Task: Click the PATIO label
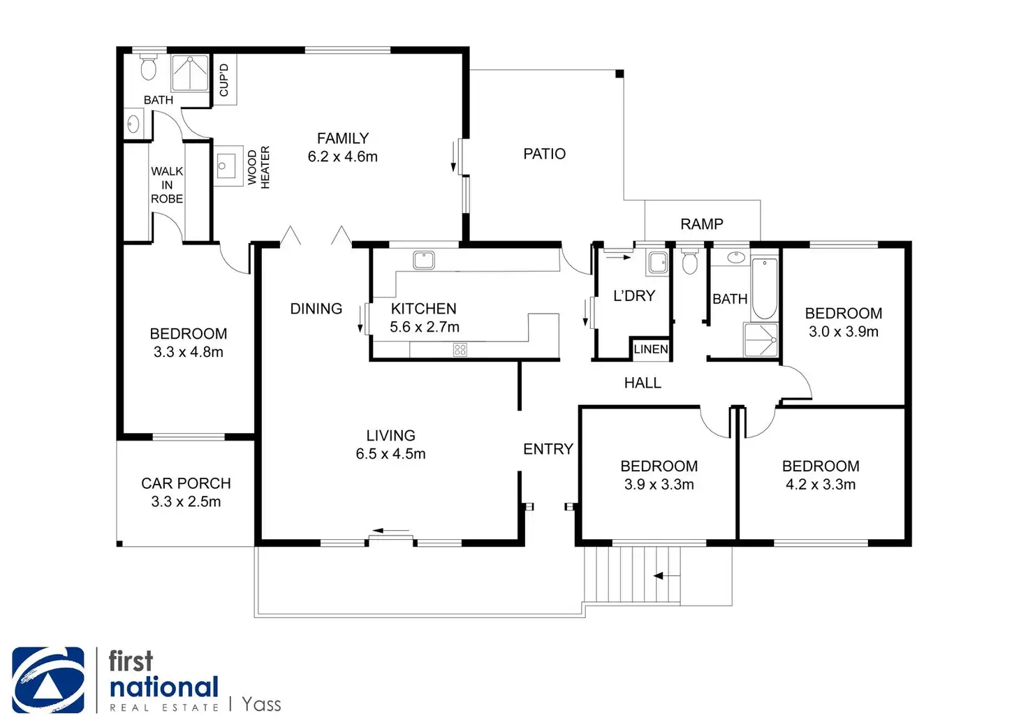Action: coord(544,154)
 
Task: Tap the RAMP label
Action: coord(701,224)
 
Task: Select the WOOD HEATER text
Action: coord(258,168)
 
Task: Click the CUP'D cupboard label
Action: coord(224,80)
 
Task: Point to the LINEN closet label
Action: coord(651,349)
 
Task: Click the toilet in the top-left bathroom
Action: coord(148,68)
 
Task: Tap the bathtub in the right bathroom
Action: coord(765,288)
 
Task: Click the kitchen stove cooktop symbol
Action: coord(460,350)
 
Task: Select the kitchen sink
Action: coord(424,260)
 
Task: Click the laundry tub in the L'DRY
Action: coord(658,263)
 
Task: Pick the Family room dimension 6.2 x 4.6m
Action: coord(342,157)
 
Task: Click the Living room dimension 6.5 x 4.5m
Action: coord(390,454)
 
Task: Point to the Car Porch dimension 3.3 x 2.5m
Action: coord(186,502)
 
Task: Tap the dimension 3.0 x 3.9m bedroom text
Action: coord(843,332)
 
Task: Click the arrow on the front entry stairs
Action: coord(666,576)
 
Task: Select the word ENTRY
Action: coord(548,449)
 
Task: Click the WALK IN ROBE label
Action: coord(167,185)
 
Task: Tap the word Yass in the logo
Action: coord(261,704)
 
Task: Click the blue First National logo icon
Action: coord(48,680)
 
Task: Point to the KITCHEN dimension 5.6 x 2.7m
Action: coord(424,327)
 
